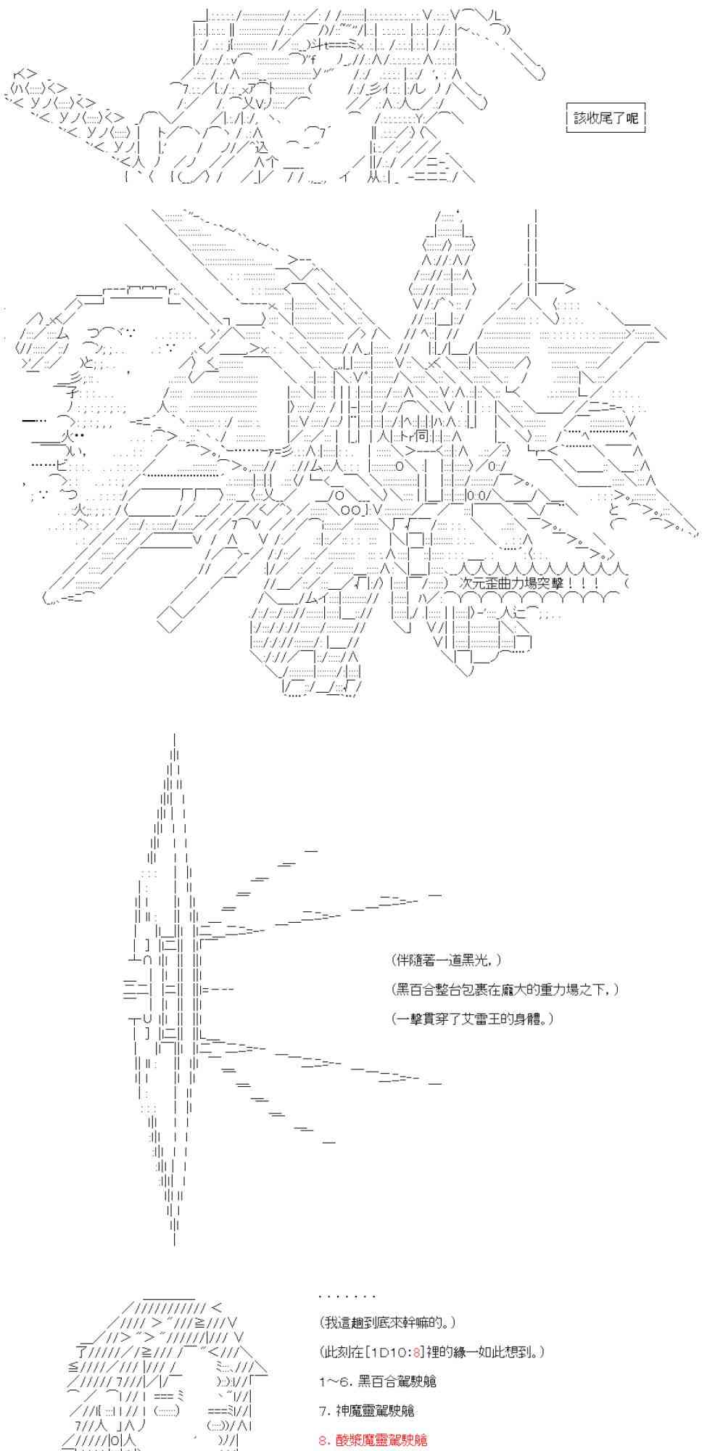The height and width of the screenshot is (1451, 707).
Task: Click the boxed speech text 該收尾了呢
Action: point(605,118)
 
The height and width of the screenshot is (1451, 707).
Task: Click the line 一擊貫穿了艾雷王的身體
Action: point(473,1019)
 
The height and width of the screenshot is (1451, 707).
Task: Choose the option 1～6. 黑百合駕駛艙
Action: point(377,1381)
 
